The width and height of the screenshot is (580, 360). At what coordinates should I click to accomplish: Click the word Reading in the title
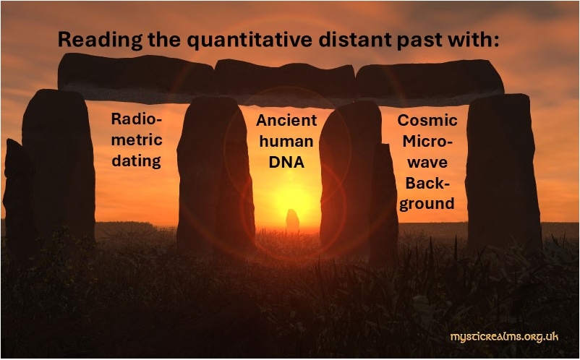(x=100, y=40)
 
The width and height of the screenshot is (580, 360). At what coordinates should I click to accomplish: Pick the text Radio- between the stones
(x=137, y=119)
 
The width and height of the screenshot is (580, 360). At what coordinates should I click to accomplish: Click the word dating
(x=136, y=161)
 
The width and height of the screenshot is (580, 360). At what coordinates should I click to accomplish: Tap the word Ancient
(x=286, y=120)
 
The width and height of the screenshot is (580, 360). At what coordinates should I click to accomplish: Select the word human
(x=286, y=141)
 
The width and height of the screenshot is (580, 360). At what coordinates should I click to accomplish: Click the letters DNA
(x=286, y=162)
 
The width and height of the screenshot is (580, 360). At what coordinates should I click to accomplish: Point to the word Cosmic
(x=427, y=120)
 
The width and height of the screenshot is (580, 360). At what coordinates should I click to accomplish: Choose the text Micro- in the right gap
(x=427, y=141)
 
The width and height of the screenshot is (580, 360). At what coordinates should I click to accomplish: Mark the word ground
(x=427, y=204)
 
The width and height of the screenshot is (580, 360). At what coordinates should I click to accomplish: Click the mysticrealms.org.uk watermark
(x=504, y=337)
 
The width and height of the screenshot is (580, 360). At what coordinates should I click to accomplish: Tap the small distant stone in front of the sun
(x=293, y=220)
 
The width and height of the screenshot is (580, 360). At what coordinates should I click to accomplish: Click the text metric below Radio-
(x=137, y=140)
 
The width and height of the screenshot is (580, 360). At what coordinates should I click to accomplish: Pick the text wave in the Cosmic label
(x=427, y=162)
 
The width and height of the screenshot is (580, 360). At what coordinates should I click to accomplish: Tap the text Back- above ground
(x=427, y=183)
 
